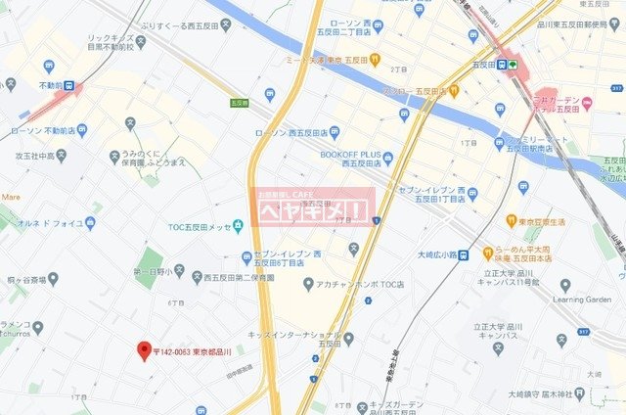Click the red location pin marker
click(x=145, y=350)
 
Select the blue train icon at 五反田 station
click(x=501, y=65)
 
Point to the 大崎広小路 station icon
click(x=463, y=254)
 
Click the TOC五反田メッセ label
click(x=188, y=227)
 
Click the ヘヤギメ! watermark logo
click(x=313, y=207)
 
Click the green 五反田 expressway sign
click(x=239, y=98)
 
